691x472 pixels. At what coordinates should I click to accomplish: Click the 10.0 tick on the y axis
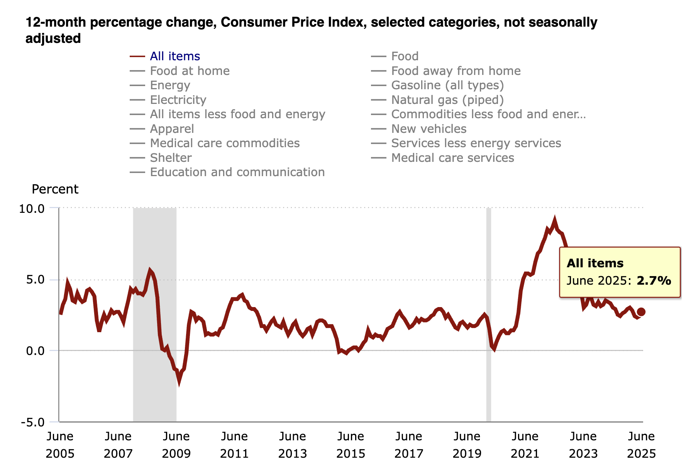tap(32, 209)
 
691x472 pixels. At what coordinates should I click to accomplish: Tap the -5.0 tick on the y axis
tap(32, 422)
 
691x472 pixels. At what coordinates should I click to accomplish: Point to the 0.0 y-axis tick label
tap(35, 351)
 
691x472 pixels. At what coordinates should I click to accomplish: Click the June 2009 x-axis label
tap(176, 445)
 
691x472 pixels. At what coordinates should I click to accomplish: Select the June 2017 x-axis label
tap(408, 445)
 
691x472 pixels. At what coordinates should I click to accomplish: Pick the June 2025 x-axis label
tap(641, 445)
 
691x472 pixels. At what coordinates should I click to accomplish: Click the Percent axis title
tap(55, 189)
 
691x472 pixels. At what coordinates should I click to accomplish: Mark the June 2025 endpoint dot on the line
tap(641, 312)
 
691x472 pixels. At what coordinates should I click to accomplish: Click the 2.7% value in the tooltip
tap(654, 280)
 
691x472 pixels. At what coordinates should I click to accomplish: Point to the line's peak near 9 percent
tap(555, 221)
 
